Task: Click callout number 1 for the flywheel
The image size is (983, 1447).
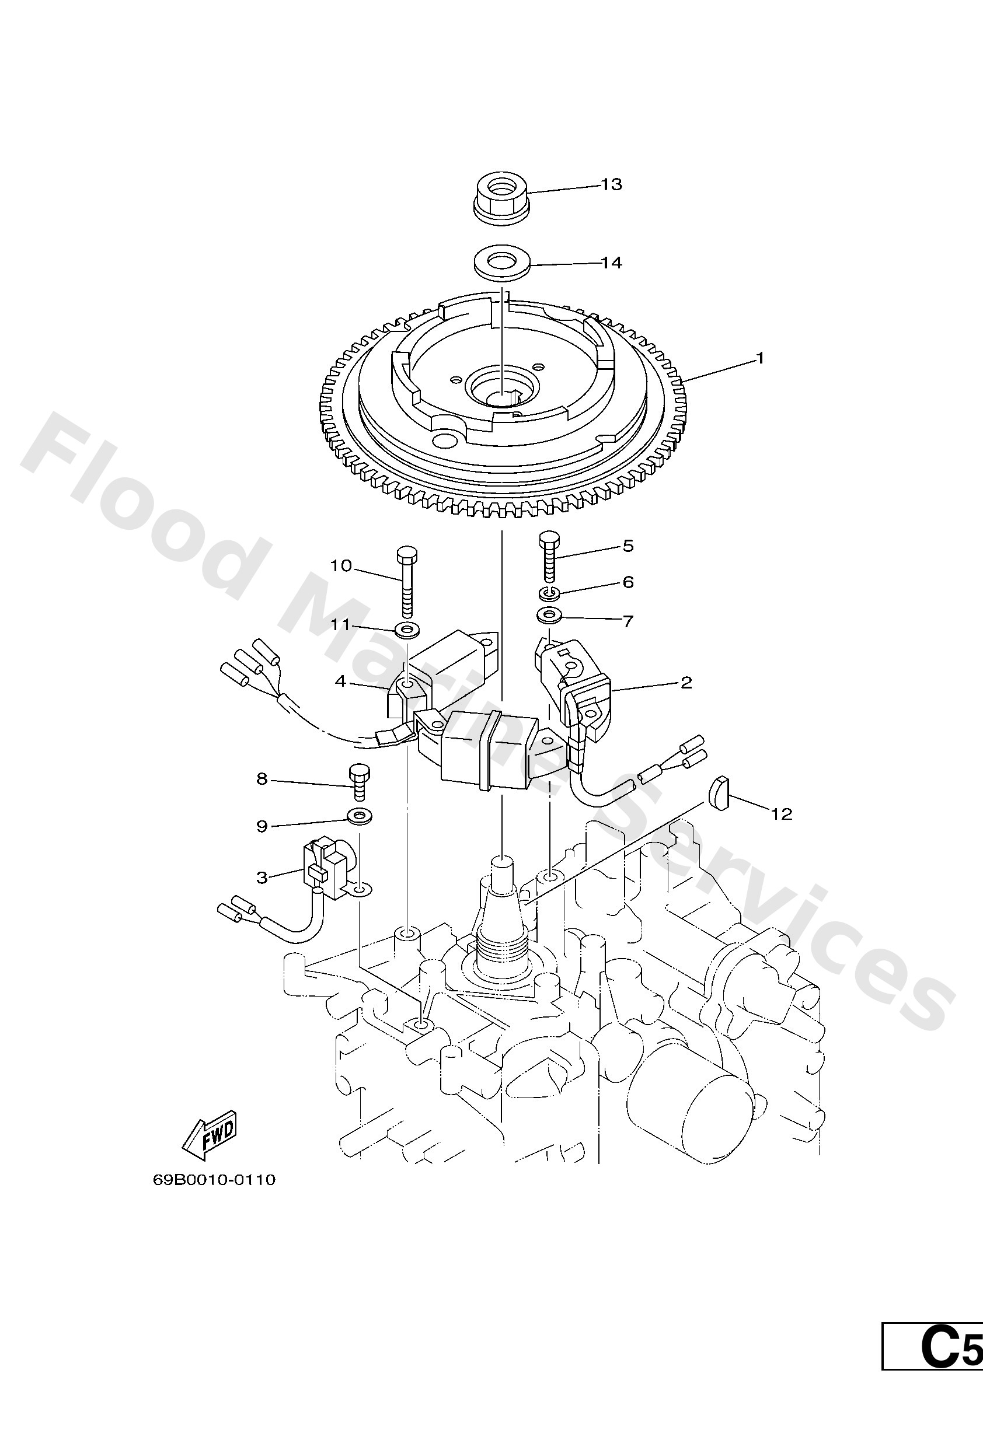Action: pos(759,358)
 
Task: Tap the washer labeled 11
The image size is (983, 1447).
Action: pos(406,630)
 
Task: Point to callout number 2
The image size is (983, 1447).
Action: pos(686,683)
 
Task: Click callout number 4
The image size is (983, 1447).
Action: pos(340,681)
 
